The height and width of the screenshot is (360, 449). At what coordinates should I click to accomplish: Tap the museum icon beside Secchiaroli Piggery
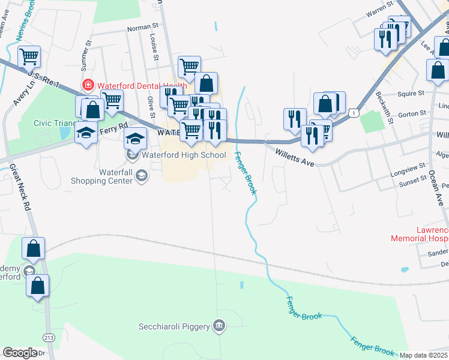(x=220, y=326)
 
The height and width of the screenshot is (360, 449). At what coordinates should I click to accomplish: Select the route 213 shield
(x=47, y=338)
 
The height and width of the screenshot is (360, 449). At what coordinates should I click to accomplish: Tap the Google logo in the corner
(x=20, y=352)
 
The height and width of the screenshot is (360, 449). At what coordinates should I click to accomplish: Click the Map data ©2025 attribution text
(x=423, y=355)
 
